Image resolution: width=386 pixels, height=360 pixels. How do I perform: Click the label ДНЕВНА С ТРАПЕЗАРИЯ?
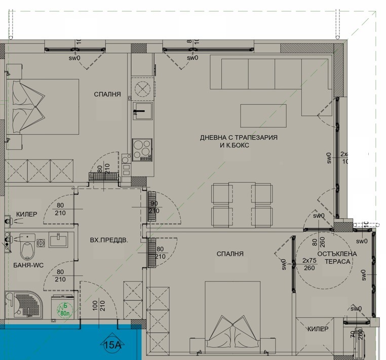click(x=239, y=137)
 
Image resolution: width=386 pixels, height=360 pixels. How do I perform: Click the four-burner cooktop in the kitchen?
click(x=142, y=149)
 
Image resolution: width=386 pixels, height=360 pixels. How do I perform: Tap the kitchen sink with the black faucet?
click(x=142, y=114)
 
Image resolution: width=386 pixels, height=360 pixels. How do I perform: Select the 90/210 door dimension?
click(x=154, y=207)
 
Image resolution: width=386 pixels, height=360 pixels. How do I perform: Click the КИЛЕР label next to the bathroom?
click(x=26, y=215)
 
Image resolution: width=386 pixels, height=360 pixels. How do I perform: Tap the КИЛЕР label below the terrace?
click(x=318, y=330)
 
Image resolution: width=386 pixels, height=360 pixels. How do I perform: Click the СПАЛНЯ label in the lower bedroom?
click(x=230, y=254)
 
